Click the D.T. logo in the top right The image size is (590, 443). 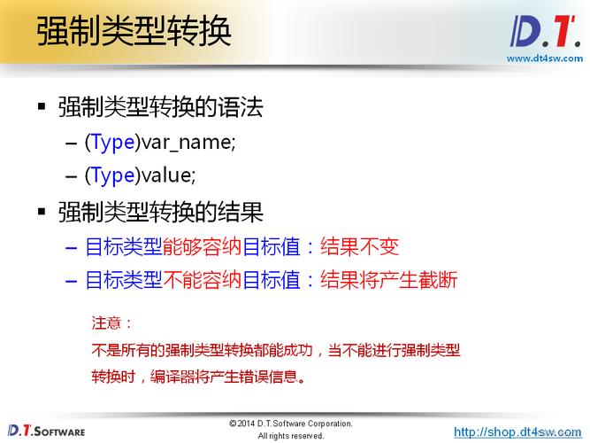543,32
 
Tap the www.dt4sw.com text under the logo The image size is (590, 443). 544,58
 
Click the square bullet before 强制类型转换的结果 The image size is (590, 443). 41,212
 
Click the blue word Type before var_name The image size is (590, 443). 112,142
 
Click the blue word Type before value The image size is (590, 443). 112,175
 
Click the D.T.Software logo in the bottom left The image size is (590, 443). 44,431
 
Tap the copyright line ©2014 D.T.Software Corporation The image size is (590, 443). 290,424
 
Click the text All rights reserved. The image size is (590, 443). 290,436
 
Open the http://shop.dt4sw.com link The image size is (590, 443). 517,431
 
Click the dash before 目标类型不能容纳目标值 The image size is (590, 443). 72,281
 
